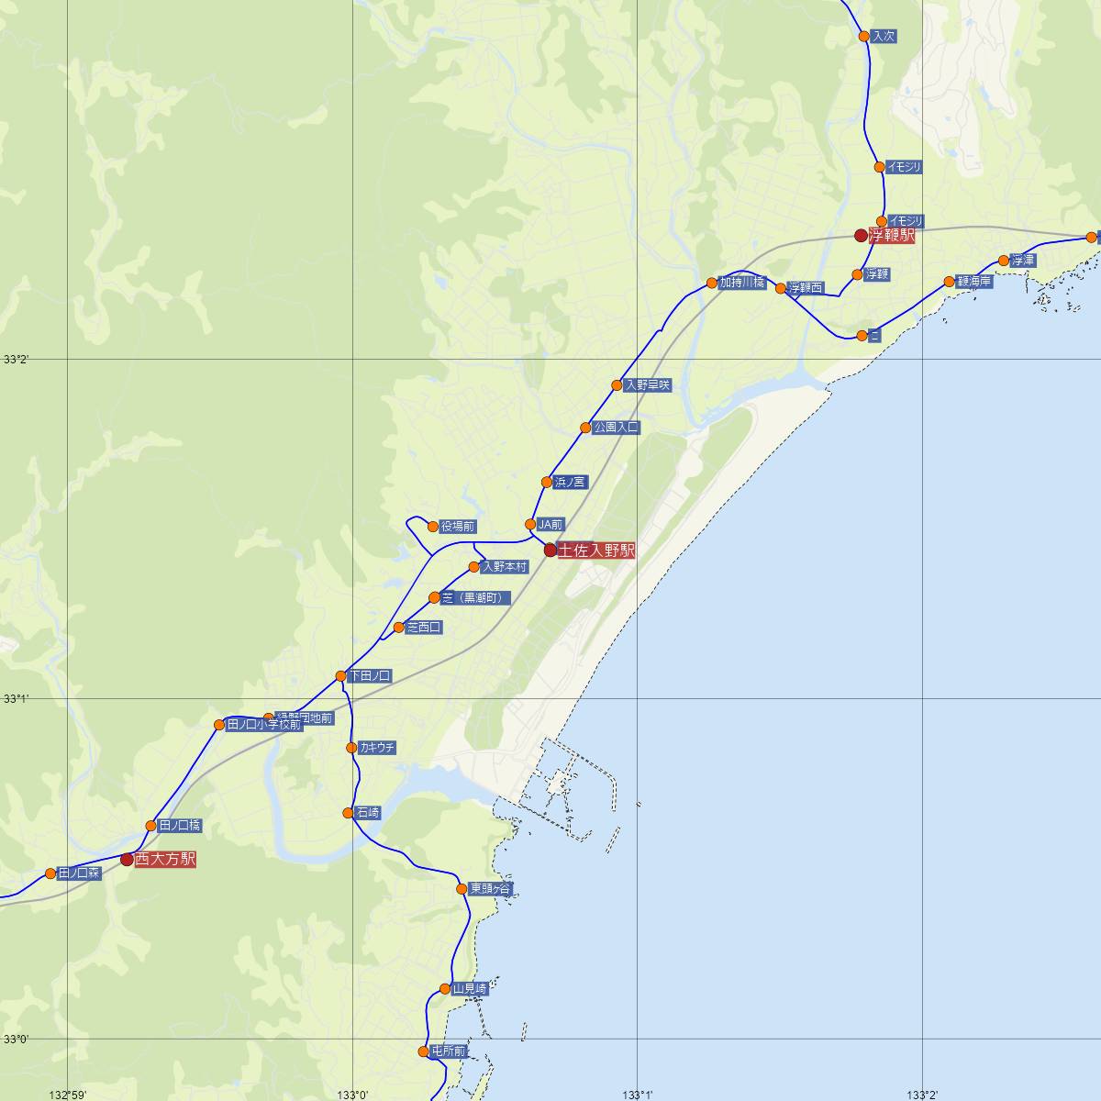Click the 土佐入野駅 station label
point(596,550)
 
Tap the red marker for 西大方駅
point(127,860)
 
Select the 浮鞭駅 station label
point(892,236)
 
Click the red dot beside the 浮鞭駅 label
point(861,235)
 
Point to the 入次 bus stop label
point(884,37)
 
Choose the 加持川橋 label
point(741,283)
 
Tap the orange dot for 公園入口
point(585,428)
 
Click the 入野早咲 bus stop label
point(648,385)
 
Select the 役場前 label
point(458,527)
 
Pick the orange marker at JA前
point(530,524)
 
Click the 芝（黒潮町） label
point(474,598)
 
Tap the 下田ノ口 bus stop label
point(370,676)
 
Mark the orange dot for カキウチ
point(351,748)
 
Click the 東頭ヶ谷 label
point(491,889)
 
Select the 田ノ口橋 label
point(180,826)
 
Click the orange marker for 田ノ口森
point(50,873)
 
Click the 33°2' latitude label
point(16,360)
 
